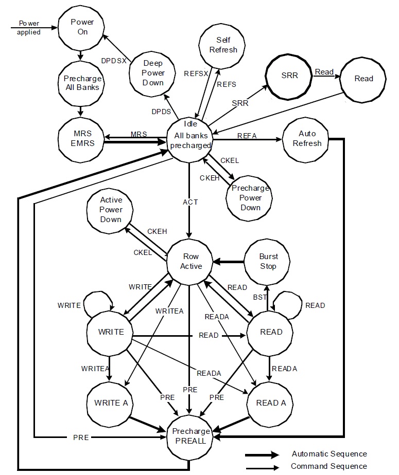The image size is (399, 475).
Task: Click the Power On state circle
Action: click(80, 27)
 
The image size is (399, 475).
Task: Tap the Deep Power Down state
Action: click(153, 72)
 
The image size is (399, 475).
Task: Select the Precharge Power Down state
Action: click(250, 197)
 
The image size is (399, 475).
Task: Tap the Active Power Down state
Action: click(111, 209)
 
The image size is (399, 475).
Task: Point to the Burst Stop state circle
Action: click(268, 261)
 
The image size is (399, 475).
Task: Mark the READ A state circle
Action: click(271, 403)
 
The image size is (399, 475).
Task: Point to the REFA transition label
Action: click(247, 135)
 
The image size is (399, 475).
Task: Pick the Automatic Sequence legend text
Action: click(329, 454)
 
